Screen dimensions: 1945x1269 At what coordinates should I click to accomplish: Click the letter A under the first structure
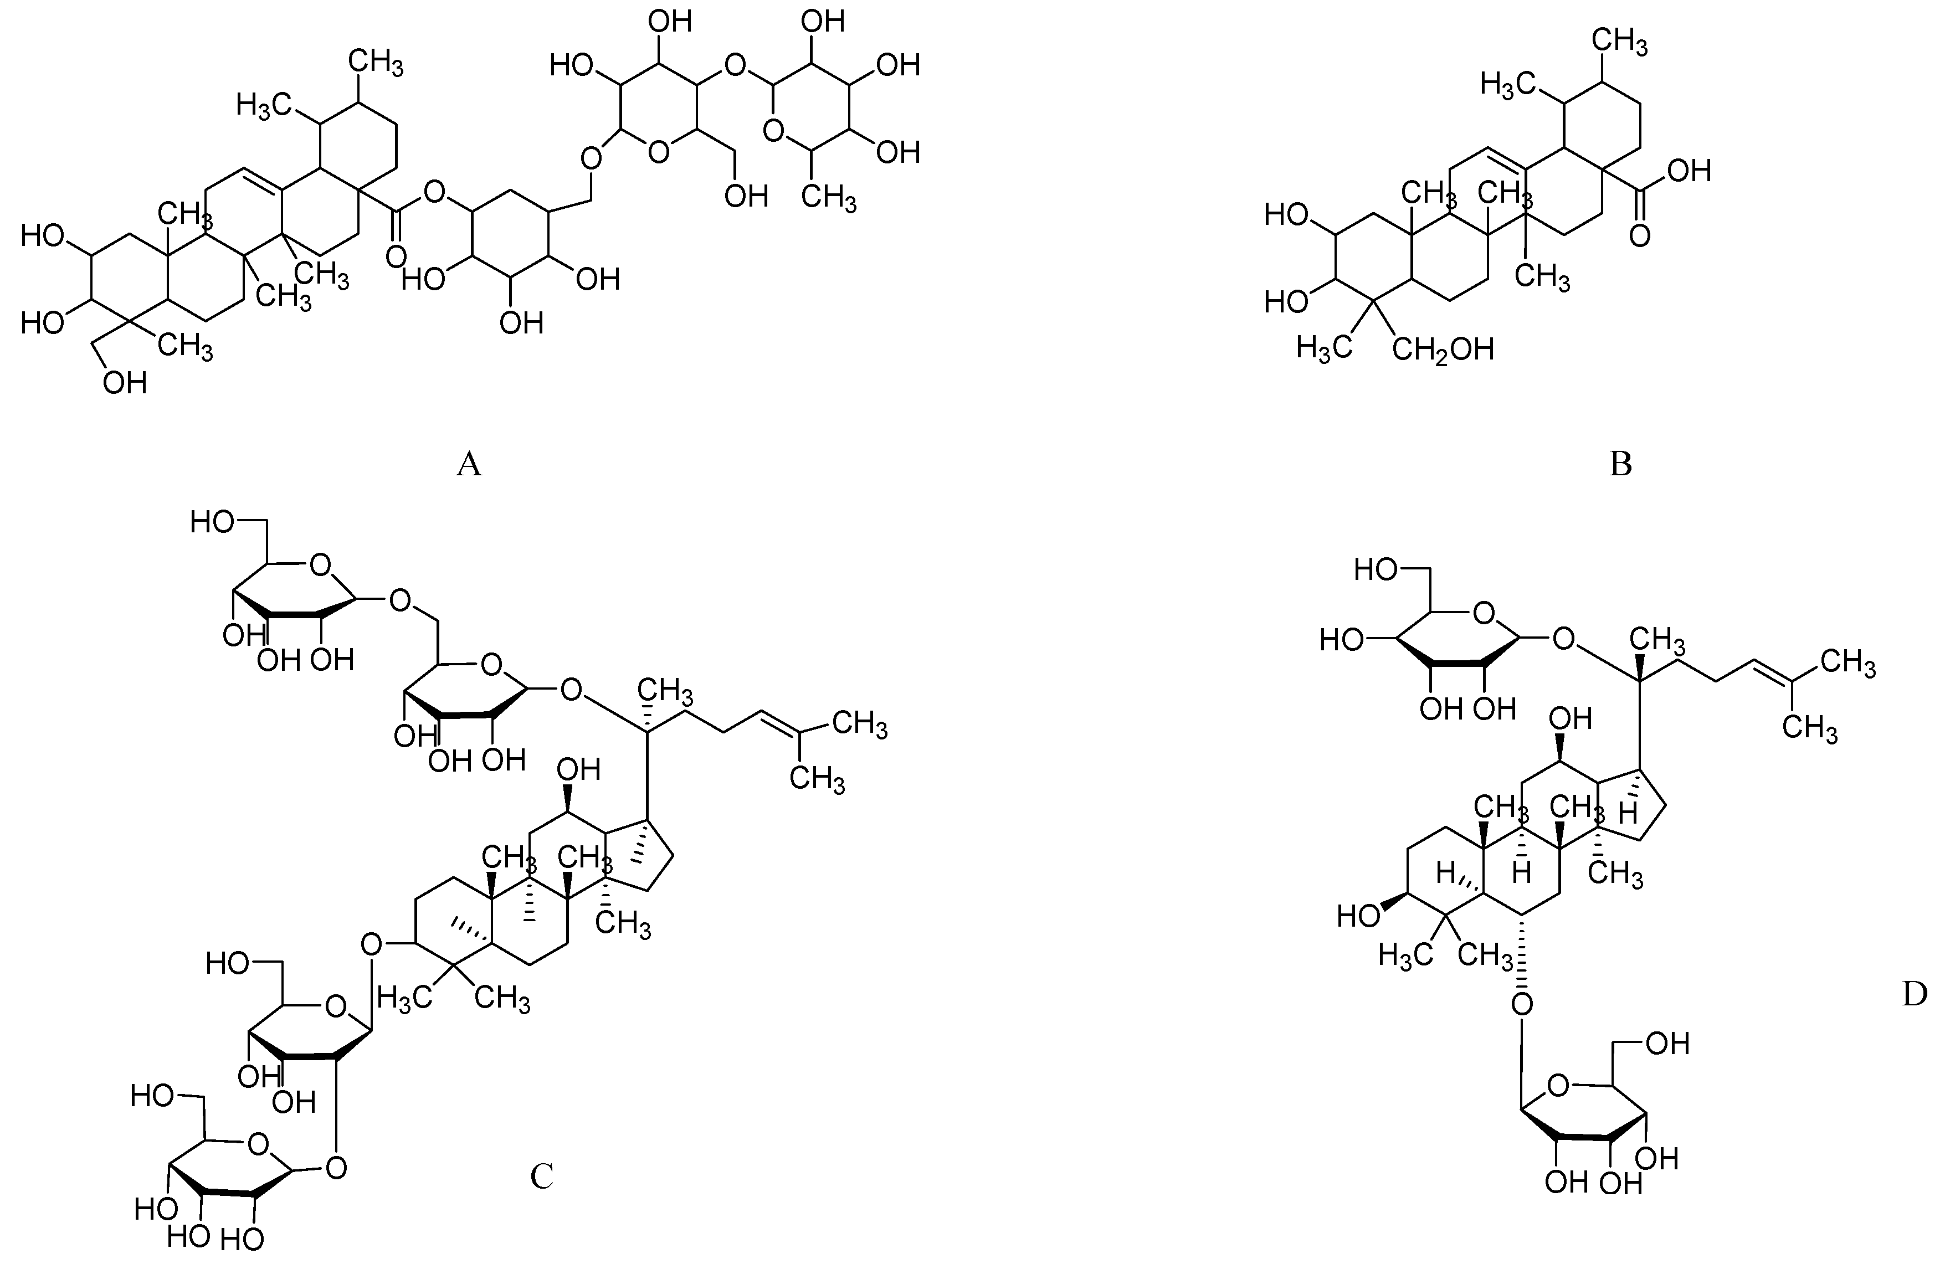[468, 464]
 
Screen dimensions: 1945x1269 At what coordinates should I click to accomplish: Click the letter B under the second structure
[1620, 464]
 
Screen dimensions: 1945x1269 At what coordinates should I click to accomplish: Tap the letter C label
[541, 1176]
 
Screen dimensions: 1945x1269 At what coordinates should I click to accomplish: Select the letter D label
[1915, 994]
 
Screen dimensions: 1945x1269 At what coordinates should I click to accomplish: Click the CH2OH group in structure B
[1443, 350]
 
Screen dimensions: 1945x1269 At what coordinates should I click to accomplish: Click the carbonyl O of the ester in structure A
[396, 256]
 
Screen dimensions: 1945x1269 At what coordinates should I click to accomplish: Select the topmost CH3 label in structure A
[376, 62]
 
